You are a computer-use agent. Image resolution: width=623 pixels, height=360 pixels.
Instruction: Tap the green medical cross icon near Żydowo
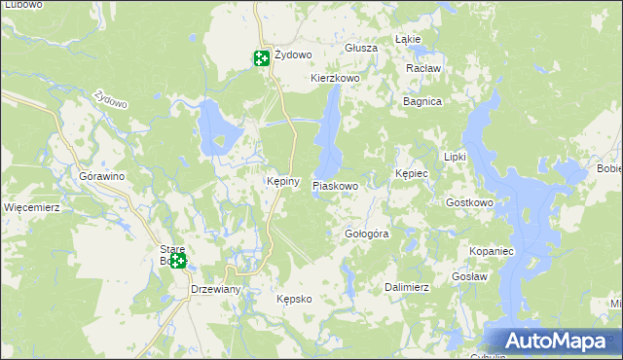pos(262,58)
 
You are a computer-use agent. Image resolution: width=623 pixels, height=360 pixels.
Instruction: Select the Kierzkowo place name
pos(335,78)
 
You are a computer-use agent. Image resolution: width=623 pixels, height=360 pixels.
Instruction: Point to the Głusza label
pos(360,48)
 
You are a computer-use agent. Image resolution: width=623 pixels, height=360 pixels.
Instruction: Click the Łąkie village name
pos(408,39)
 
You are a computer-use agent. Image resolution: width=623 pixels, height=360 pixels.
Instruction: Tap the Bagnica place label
pos(422,101)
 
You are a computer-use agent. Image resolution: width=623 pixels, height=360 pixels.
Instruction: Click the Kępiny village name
pos(282,182)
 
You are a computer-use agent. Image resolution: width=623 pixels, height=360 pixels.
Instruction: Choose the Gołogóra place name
pos(367,234)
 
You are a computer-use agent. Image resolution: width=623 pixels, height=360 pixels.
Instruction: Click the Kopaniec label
pos(491,251)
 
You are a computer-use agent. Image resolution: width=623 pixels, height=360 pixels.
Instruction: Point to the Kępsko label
pos(293,299)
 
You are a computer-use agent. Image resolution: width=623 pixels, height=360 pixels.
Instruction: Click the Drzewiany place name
pos(215,290)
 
